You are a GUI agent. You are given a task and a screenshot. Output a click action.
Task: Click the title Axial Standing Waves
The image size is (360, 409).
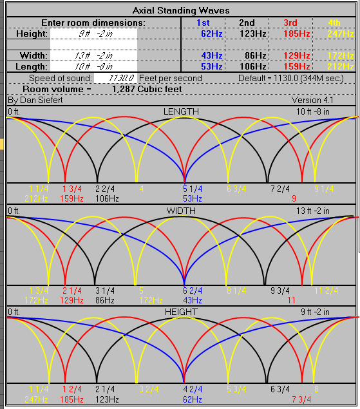click(180, 11)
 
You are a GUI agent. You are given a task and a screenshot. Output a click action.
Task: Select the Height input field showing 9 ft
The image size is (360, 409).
click(94, 33)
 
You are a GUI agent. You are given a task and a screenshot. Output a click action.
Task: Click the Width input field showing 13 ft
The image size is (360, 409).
click(94, 55)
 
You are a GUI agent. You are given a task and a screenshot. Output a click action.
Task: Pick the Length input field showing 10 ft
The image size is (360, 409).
click(94, 66)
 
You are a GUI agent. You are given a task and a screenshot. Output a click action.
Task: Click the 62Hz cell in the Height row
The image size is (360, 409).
click(211, 33)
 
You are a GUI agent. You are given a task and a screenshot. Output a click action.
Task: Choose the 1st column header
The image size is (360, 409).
click(203, 23)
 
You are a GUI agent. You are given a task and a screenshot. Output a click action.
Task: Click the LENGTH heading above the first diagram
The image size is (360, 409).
click(181, 111)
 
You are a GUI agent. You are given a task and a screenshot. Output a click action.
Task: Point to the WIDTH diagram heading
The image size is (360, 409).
click(181, 211)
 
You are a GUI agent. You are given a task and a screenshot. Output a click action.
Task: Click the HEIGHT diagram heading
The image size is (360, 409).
click(181, 312)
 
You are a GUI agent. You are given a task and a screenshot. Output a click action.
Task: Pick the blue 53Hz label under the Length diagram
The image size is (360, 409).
click(193, 198)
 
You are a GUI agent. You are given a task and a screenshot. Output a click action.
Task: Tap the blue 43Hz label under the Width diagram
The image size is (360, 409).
click(193, 300)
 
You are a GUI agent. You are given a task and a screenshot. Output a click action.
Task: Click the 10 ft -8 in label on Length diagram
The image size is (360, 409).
click(312, 111)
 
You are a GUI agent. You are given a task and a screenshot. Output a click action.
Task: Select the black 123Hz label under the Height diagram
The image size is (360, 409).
click(108, 399)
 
